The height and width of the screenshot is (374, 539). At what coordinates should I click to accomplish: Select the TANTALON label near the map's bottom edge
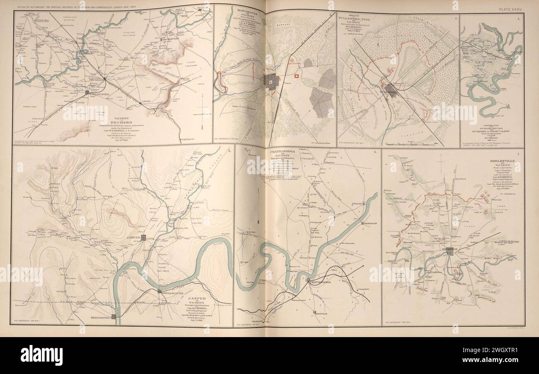coord(188,140)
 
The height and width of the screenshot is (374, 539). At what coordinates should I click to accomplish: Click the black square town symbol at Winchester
coord(87,92)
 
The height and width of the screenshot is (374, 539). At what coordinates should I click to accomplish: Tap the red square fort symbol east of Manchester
coord(297,76)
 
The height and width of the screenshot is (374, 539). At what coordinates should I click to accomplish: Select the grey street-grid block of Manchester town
coord(270,80)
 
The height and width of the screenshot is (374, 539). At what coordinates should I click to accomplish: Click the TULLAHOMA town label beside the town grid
coord(388,87)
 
